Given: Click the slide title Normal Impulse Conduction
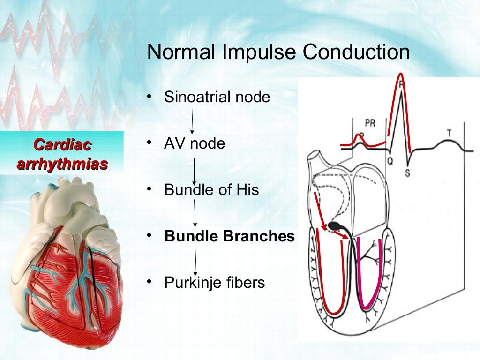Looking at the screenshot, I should coord(278,52).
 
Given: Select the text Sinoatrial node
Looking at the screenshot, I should coord(217,97).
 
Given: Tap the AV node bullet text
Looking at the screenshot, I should coord(195,143).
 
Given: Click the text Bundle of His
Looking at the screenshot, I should coord(211,190).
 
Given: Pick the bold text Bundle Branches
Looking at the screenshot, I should coord(229,236).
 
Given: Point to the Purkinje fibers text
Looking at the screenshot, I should coord(214,283).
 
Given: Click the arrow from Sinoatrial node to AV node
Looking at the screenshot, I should coord(192,120).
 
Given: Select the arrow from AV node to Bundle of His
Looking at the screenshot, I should coord(194,171).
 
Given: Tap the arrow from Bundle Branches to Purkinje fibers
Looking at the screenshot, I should coord(195,262).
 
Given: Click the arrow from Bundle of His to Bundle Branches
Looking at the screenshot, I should coord(195,213).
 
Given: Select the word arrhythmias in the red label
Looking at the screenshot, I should coord(62,164).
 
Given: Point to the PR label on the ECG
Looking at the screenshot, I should coord(370,123).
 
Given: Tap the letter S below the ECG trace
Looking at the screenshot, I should coord(407,173).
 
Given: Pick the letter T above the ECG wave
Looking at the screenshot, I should coord(449,133).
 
